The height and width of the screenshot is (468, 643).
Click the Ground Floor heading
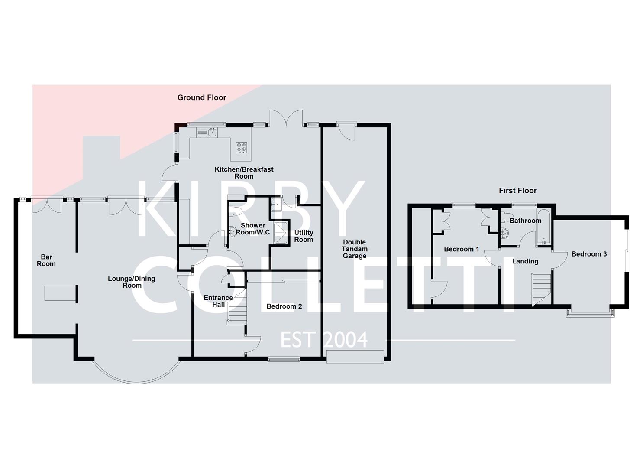pyautogui.click(x=201, y=97)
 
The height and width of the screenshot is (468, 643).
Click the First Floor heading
pyautogui.click(x=517, y=191)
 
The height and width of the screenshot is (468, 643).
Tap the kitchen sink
pyautogui.click(x=212, y=132)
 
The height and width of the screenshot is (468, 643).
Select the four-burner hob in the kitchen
pyautogui.click(x=242, y=148)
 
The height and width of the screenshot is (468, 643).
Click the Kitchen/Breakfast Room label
pyautogui.click(x=244, y=173)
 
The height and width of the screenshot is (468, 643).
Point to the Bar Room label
pyautogui.click(x=46, y=260)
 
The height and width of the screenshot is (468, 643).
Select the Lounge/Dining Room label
pyautogui.click(x=132, y=282)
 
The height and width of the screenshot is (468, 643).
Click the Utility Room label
pyautogui.click(x=304, y=236)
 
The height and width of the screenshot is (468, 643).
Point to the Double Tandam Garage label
pyautogui.click(x=355, y=249)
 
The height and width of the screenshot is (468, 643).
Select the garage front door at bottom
pyautogui.click(x=355, y=357)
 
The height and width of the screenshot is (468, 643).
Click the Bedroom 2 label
pyautogui.click(x=284, y=306)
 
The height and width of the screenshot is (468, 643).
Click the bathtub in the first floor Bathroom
pyautogui.click(x=543, y=228)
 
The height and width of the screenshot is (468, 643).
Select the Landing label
pyautogui.click(x=525, y=261)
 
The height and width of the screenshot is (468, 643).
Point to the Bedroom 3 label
pyautogui.click(x=589, y=254)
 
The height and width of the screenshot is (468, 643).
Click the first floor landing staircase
pyautogui.click(x=541, y=289)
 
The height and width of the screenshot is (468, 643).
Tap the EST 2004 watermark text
pyautogui.click(x=324, y=340)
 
